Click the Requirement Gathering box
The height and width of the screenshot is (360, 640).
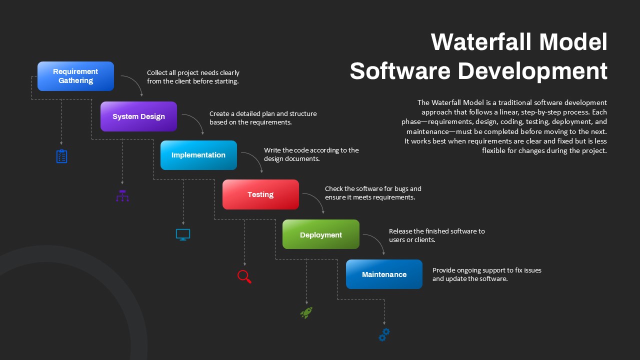[75, 76]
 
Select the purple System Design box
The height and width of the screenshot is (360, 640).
[138, 116]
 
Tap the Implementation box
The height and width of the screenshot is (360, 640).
[198, 155]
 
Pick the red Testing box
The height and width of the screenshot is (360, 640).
[260, 194]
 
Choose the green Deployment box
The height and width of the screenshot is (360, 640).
[321, 234]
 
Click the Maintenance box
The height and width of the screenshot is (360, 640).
[384, 274]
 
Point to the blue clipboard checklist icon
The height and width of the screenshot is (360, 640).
[61, 156]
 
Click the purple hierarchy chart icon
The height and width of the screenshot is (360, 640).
[122, 195]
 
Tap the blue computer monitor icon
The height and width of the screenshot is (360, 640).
[183, 234]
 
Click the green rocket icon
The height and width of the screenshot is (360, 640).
[306, 312]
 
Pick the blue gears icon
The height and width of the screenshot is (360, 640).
[384, 334]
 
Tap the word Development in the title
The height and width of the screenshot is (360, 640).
[532, 71]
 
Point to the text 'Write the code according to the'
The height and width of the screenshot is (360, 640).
[311, 150]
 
